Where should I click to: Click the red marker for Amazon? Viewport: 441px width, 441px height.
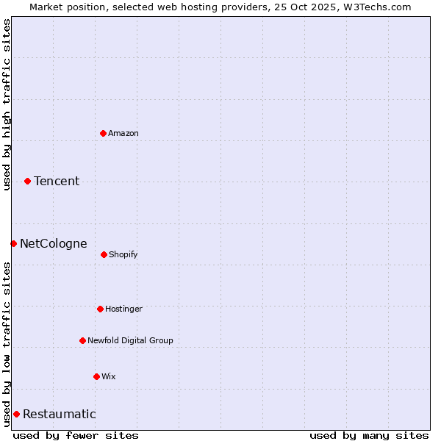coord(103,133)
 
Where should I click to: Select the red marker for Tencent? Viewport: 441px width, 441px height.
coord(27,181)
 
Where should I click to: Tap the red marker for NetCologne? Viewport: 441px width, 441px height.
coord(13,243)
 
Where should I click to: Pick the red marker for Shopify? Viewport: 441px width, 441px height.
coord(104,254)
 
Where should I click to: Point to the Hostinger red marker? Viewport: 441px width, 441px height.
coord(100,309)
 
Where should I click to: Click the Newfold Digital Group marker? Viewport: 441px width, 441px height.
coord(82,340)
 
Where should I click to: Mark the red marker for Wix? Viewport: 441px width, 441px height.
coord(96,376)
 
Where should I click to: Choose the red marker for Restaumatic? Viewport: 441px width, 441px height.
coord(16,414)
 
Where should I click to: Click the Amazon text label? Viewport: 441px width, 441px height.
coord(123,133)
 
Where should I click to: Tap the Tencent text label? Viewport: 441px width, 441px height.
coord(57,181)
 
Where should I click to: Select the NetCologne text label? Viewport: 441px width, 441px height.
coord(53,243)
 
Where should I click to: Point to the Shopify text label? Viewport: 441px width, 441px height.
coord(123,254)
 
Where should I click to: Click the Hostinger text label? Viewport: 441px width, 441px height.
coord(123,309)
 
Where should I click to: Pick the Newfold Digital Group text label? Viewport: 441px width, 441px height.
coord(130,340)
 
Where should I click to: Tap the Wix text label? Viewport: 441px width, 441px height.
coord(109,376)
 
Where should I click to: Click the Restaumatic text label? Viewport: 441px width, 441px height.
coord(59,414)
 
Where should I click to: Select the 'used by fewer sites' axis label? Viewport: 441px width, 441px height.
coord(76,435)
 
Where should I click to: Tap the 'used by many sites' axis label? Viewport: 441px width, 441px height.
coord(369,435)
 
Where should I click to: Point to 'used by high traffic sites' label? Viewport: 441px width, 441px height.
coord(7,104)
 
